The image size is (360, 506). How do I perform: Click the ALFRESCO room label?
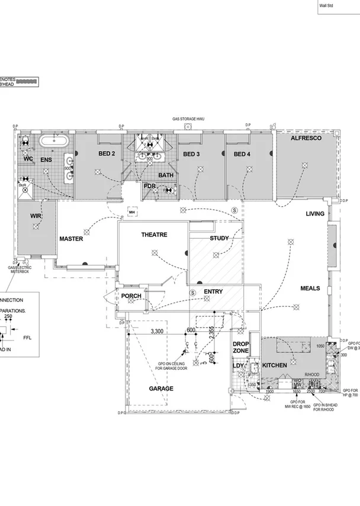tap(306, 138)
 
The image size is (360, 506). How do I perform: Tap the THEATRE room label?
tap(154, 235)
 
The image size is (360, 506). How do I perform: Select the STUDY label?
tap(219, 238)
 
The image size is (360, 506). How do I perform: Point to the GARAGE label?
tap(160, 389)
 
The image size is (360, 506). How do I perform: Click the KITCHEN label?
tap(275, 366)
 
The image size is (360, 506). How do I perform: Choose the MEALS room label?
tap(310, 289)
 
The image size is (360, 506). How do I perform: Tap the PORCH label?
tap(131, 296)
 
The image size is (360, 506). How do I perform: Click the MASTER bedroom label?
tap(71, 239)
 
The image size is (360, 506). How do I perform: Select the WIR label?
tap(35, 217)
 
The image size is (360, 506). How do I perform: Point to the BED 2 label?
tap(107, 154)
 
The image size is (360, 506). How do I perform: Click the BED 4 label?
tap(242, 155)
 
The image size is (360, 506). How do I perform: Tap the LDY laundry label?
tap(238, 366)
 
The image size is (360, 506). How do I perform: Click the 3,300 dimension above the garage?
tap(157, 331)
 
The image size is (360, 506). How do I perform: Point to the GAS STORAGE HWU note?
tap(191, 119)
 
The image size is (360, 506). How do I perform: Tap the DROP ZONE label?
tap(240, 348)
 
